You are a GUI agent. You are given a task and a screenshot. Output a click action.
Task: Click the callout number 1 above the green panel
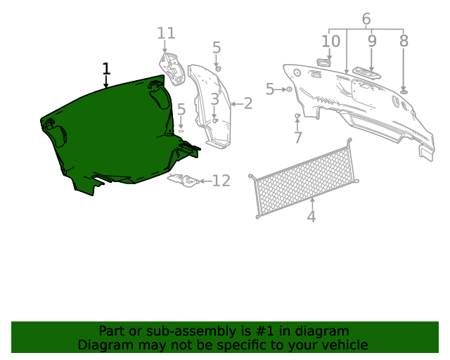[106, 69]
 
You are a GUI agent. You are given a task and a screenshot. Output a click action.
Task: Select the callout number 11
[166, 33]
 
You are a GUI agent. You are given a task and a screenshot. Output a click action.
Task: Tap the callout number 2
[247, 104]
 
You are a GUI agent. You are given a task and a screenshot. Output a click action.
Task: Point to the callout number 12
[221, 181]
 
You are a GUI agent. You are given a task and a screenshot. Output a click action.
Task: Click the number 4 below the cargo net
[311, 217]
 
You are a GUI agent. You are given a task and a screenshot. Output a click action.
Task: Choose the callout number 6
[366, 19]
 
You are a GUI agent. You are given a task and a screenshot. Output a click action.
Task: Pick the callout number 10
[330, 41]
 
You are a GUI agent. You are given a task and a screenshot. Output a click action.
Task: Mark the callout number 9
[372, 41]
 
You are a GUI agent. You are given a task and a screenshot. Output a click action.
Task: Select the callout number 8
[404, 41]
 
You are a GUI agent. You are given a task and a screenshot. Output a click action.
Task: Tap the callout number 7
[298, 137]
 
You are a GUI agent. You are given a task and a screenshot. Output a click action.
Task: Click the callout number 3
[214, 98]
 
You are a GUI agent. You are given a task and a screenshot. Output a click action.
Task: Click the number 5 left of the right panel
[271, 89]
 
